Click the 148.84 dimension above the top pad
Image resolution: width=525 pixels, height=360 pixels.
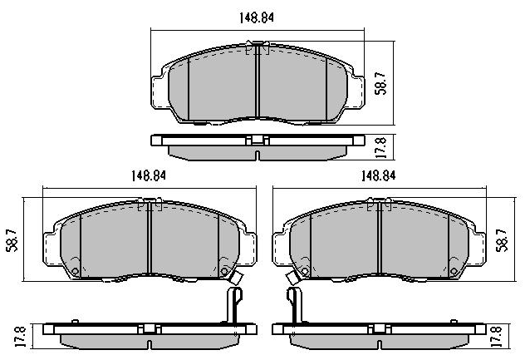[x=256, y=17]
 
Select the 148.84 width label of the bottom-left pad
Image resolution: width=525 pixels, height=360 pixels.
[x=149, y=175]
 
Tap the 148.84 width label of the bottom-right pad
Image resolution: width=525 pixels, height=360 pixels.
[x=378, y=175]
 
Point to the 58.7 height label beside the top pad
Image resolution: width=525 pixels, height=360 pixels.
[x=381, y=83]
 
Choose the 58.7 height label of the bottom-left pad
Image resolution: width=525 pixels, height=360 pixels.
[x=12, y=240]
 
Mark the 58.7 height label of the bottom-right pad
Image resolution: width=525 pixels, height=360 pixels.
[x=502, y=240]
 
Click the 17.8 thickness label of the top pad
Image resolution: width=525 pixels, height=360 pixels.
[x=381, y=147]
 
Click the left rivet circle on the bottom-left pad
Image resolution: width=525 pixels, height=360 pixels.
[x=76, y=271]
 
